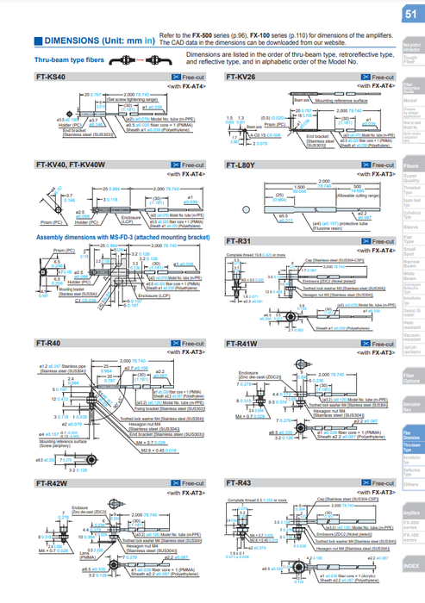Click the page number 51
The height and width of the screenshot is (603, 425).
(410, 15)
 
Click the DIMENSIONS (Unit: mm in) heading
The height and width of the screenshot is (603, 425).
(96, 40)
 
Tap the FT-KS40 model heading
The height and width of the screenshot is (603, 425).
(53, 78)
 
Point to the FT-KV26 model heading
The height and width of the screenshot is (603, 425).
(241, 78)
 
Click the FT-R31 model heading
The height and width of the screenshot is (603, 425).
(239, 243)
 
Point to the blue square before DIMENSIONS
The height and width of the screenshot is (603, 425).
(37, 40)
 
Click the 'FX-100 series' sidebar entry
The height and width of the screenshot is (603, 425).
(411, 538)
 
